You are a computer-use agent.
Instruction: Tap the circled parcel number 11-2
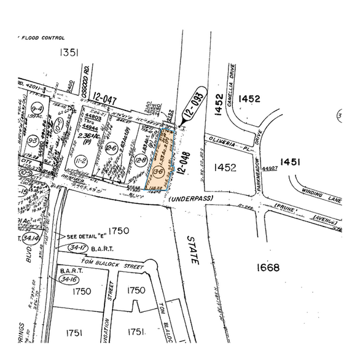(x=80, y=160)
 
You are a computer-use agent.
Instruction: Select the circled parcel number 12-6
(x=111, y=148)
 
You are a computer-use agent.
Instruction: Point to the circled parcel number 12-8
(x=141, y=160)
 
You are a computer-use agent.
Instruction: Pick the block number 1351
(x=69, y=53)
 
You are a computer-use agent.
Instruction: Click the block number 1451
(x=290, y=161)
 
